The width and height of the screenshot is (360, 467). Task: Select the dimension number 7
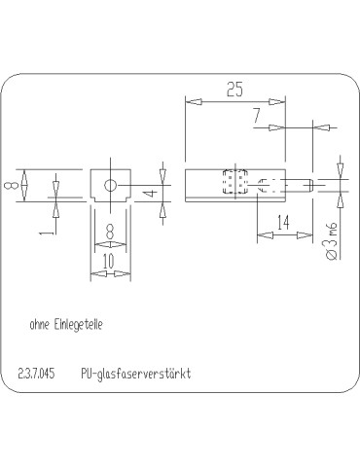point(256,116)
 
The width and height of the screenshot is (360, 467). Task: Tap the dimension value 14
point(282,222)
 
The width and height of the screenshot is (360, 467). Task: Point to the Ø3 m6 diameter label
point(331,240)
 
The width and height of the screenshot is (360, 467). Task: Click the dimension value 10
point(109,261)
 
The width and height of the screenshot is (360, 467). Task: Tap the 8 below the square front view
point(109,233)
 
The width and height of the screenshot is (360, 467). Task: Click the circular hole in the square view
point(112,184)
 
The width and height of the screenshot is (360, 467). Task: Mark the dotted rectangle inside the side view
point(234,184)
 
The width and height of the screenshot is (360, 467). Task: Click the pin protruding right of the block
point(301,184)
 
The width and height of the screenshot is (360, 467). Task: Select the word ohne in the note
point(41,325)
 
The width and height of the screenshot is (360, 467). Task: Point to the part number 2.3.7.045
point(38,374)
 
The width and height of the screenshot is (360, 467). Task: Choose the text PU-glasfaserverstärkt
point(136,374)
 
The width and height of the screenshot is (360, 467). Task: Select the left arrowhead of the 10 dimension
point(94,273)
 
